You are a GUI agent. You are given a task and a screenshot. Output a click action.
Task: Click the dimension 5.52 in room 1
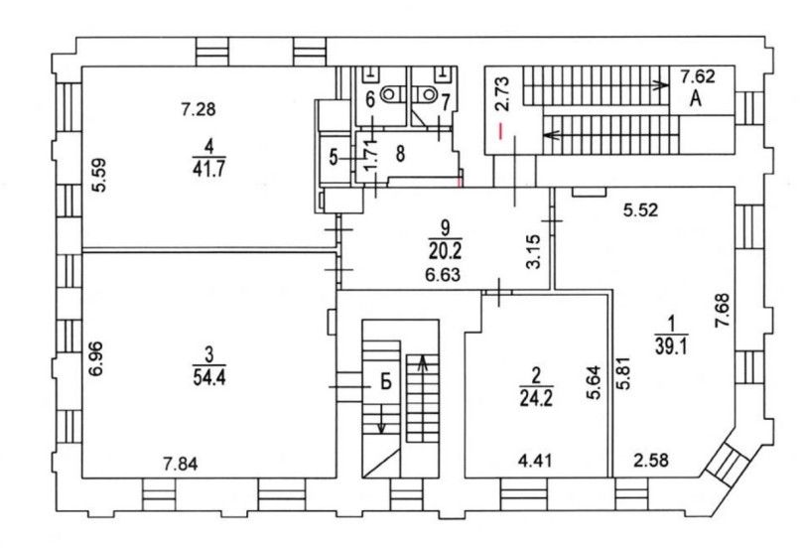tap(640, 210)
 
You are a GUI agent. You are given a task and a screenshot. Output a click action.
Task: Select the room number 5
tap(334, 157)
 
